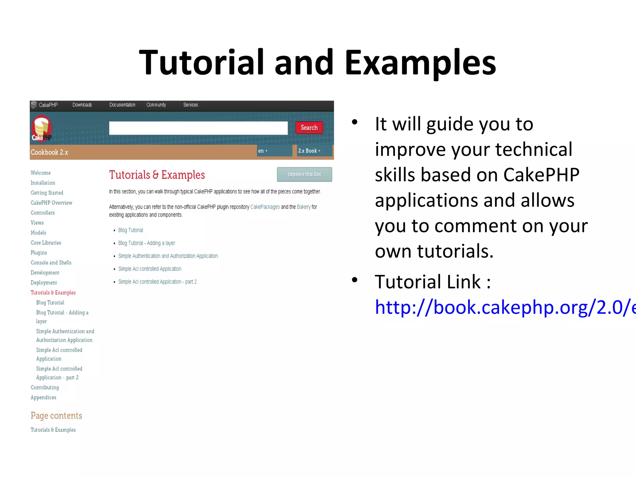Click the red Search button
[309, 128]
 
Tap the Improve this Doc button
[304, 174]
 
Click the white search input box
[198, 128]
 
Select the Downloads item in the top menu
[82, 105]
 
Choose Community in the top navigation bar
[156, 105]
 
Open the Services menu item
[190, 105]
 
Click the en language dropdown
[263, 151]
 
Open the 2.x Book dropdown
[309, 151]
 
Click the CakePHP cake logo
[41, 128]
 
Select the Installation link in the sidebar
[43, 183]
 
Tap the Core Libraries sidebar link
[46, 243]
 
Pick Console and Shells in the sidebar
[51, 263]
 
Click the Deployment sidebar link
[44, 283]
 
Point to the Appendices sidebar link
[43, 397]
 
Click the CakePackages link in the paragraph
[265, 207]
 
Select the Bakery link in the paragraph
[303, 207]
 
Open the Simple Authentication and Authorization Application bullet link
[168, 256]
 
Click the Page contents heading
[56, 416]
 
